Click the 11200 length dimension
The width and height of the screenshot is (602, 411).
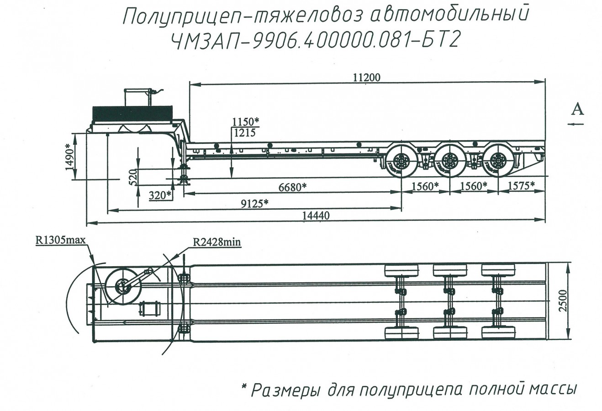click(366, 78)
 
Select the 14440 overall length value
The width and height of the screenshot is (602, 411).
click(314, 215)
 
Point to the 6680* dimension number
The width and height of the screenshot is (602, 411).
click(292, 187)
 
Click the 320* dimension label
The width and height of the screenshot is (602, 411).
click(160, 195)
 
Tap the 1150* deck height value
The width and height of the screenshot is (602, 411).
click(245, 122)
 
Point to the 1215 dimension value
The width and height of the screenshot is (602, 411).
click(244, 132)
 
